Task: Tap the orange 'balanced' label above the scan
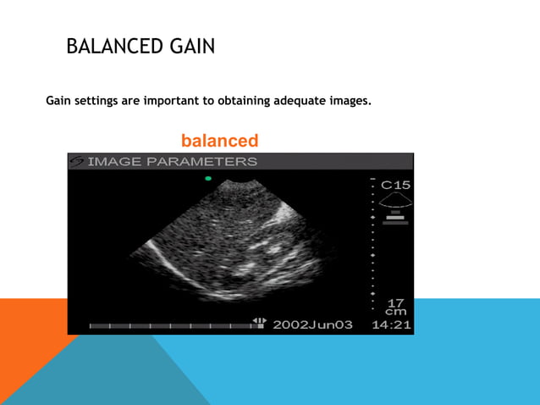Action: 219,141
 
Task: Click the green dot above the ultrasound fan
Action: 207,179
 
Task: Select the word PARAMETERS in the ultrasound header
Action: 203,161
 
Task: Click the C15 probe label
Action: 396,185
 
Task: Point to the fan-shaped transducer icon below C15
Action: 396,201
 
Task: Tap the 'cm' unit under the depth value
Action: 395,311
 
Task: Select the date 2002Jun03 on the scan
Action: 312,325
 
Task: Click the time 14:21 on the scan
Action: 393,325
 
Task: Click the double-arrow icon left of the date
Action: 259,321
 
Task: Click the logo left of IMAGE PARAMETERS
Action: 77,161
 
